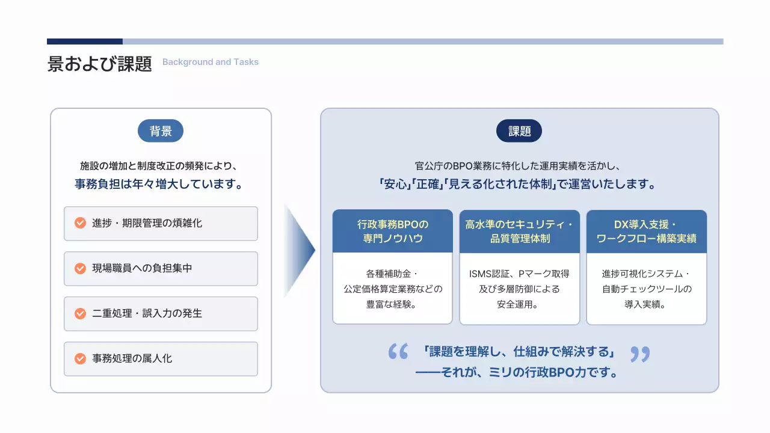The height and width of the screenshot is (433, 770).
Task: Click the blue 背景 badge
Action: [x=161, y=131]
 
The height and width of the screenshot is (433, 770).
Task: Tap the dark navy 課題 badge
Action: [x=519, y=131]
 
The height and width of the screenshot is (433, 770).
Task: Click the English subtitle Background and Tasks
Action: [x=211, y=62]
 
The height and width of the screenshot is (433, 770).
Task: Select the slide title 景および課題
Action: [x=100, y=64]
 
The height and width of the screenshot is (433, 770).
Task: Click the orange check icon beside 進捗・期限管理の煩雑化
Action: [x=80, y=223]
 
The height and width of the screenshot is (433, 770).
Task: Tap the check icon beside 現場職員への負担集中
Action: [x=80, y=268]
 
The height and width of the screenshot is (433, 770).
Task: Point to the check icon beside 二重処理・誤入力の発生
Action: [x=80, y=313]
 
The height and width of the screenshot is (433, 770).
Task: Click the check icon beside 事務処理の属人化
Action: [x=80, y=358]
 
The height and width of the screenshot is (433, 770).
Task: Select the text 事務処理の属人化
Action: [x=132, y=358]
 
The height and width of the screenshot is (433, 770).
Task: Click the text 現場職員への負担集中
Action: [x=142, y=268]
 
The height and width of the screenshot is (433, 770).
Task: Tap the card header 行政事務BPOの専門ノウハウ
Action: [x=393, y=232]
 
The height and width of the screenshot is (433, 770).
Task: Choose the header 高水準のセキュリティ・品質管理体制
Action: [x=520, y=232]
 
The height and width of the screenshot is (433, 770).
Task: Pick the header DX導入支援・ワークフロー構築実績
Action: [x=647, y=232]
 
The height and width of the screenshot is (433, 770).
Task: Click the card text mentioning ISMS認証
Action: [x=520, y=289]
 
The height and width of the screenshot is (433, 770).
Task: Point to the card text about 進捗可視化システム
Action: [x=647, y=289]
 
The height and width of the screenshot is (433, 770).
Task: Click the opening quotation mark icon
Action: [x=398, y=352]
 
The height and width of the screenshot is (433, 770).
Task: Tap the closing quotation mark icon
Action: [x=640, y=354]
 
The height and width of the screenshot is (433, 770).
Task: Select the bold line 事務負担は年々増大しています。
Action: [x=161, y=185]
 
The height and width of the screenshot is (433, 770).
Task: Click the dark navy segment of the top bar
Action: [x=85, y=41]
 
